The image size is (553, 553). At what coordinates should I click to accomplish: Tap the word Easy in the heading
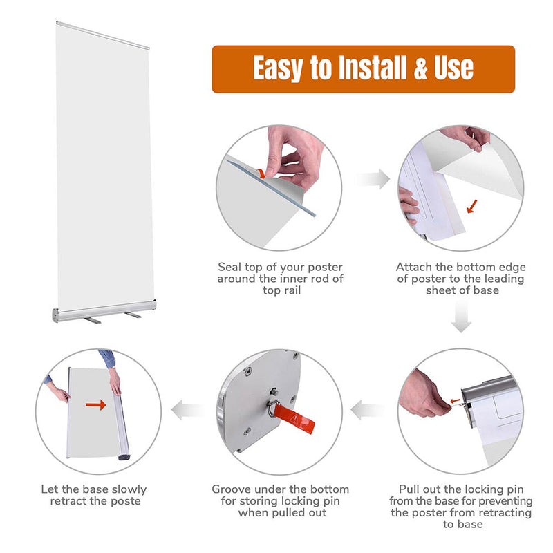click(x=279, y=68)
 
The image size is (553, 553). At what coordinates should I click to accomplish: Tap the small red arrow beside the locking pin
click(x=454, y=400)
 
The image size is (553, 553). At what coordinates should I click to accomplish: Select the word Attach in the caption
click(x=414, y=267)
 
